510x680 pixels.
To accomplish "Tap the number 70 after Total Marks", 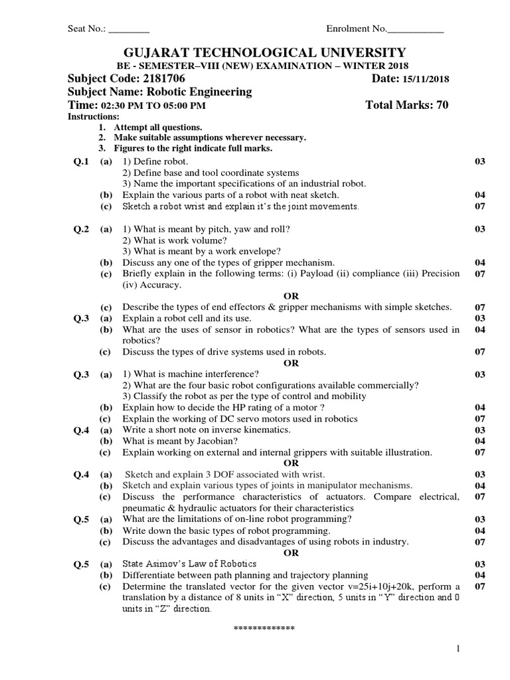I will click(x=442, y=106).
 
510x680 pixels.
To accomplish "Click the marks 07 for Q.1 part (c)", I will click(x=481, y=207).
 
